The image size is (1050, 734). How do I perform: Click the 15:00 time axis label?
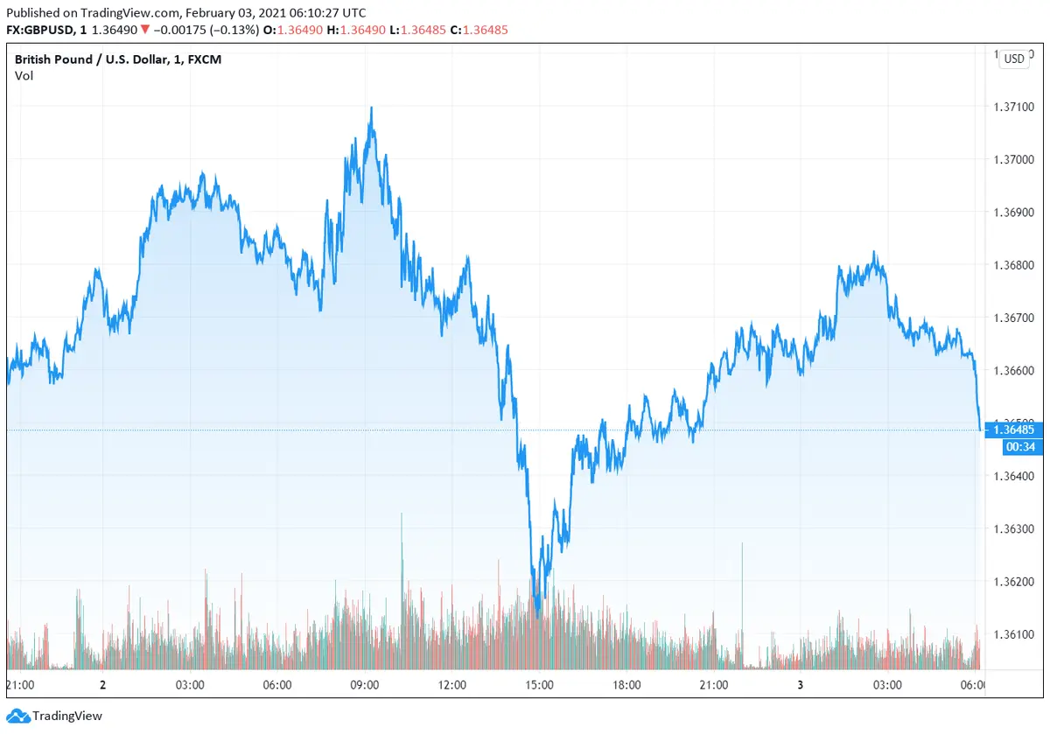(x=539, y=684)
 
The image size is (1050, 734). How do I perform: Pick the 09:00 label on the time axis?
(x=364, y=684)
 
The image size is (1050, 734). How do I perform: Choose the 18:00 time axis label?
(x=626, y=684)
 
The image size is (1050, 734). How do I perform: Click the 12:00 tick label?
(x=451, y=684)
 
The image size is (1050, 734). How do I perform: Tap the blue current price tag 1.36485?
(x=1013, y=430)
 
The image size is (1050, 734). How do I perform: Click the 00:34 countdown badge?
(x=1021, y=447)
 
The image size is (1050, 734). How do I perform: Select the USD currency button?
(x=1014, y=59)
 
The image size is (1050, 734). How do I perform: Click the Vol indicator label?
(x=24, y=76)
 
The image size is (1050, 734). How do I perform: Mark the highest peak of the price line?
(x=372, y=108)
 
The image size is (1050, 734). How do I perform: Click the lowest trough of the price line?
(x=537, y=617)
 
